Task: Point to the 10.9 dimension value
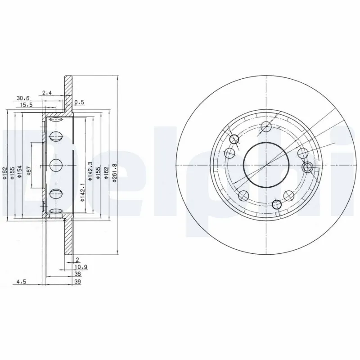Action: [x=81, y=267]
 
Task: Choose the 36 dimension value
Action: [x=77, y=274]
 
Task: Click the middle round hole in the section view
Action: [x=56, y=165]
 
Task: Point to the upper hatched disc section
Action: [x=68, y=94]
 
